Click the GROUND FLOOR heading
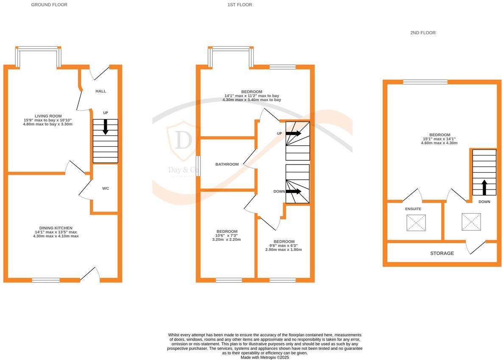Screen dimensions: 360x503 49,5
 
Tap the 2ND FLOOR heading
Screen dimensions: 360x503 422,33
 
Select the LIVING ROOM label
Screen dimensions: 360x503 48,116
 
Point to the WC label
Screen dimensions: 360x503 106,188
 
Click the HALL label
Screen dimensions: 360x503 101,91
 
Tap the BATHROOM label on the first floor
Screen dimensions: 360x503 227,164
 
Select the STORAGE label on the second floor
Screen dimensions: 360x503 442,253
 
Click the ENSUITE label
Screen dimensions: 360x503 413,209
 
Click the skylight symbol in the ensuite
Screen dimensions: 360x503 416,223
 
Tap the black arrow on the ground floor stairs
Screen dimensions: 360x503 106,127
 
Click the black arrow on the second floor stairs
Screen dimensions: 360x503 484,187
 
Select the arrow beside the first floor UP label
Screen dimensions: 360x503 293,133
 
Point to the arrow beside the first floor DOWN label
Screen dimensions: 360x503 293,191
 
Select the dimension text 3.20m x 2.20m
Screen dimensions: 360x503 226,240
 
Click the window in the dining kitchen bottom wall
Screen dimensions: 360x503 46,280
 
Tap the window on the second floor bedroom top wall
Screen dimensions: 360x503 425,82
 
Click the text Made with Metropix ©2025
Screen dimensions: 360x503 264,357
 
